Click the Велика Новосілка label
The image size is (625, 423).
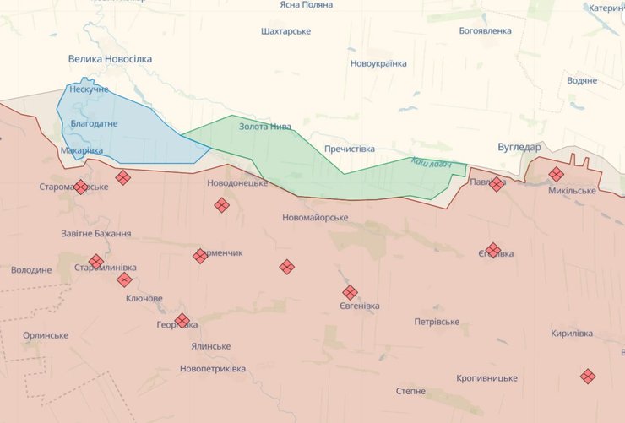click(110, 59)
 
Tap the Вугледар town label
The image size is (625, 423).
click(519, 146)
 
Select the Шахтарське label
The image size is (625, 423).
click(285, 31)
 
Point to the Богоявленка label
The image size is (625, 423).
click(485, 31)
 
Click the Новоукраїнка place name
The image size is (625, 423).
click(378, 63)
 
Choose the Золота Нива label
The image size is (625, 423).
click(265, 127)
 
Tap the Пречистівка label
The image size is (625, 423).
click(349, 149)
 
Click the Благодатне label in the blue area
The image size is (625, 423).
click(95, 124)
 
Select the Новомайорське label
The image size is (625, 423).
click(315, 218)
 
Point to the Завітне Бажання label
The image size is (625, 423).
click(96, 234)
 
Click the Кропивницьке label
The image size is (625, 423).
click(486, 378)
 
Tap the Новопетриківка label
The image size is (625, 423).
click(213, 369)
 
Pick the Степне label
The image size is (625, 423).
click(410, 391)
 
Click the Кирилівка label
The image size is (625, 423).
click(572, 334)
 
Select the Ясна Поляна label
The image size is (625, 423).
click(306, 5)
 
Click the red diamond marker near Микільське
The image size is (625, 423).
click(556, 175)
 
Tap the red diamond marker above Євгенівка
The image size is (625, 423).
click(350, 292)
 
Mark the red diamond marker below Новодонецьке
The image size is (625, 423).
click(221, 204)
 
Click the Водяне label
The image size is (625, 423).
click(582, 81)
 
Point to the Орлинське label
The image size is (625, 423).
click(46, 335)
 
